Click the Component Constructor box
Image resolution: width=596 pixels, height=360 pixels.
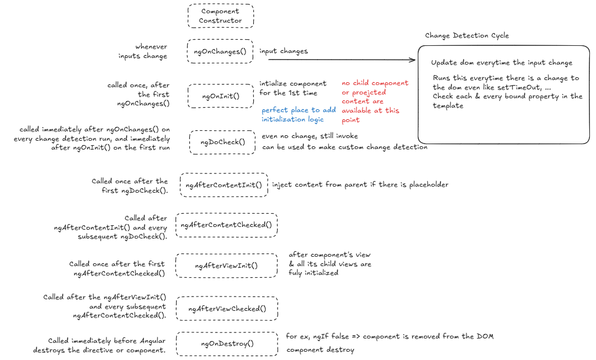(x=221, y=16)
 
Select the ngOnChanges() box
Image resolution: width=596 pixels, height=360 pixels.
(x=220, y=51)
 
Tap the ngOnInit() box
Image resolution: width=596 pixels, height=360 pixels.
(x=221, y=96)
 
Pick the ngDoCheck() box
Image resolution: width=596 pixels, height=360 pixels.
(x=222, y=142)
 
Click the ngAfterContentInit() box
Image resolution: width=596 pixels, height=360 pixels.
(x=224, y=184)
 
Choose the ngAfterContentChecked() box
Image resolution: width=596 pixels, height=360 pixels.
(x=226, y=225)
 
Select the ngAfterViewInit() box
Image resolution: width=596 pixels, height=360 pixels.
(x=226, y=266)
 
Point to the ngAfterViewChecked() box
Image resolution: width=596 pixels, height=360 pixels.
(x=227, y=309)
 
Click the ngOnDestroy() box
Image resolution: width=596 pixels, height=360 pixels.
(x=227, y=343)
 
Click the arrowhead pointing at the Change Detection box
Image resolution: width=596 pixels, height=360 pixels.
(x=413, y=60)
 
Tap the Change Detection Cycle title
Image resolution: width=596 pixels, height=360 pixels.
(x=467, y=35)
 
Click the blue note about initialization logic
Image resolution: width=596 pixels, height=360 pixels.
(x=299, y=115)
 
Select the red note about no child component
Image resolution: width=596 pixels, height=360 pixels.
(x=375, y=101)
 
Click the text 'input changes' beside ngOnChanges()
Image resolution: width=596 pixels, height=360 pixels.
(x=284, y=51)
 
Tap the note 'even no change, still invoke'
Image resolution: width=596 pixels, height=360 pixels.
(x=310, y=136)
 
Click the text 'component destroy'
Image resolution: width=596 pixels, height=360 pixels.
(x=320, y=350)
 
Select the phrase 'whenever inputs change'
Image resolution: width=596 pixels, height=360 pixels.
(x=143, y=51)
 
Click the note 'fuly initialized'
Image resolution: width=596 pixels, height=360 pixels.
(x=313, y=273)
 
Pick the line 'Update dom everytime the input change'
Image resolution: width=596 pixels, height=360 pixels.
(x=502, y=63)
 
